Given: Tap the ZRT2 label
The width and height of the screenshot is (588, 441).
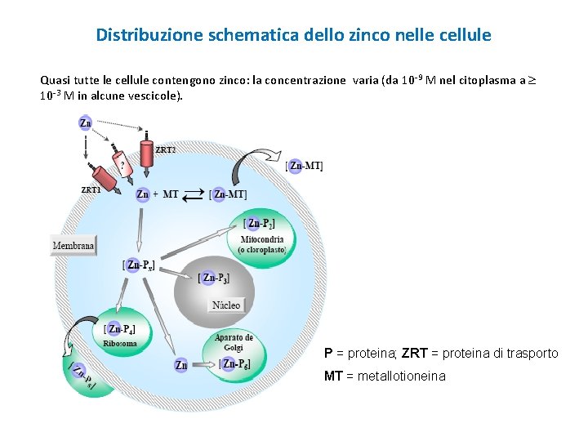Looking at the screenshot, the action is coord(166,149).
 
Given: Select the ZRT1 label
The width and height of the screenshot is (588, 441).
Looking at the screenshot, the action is coord(91,189).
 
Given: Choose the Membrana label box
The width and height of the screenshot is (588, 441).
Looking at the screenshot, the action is coord(73,245).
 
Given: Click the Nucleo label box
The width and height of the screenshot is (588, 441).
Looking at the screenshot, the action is coord(226,305).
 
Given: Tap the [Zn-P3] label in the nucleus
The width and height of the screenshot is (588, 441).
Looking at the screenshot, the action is coord(218,278).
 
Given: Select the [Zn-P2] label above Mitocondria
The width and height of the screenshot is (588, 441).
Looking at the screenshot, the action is coord(260,223).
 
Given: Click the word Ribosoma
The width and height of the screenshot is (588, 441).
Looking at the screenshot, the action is coord(120,343).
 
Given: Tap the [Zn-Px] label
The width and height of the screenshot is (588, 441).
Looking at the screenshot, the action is coord(139,265).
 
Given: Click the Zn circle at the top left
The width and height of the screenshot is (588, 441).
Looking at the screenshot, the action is coord(85,122).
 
